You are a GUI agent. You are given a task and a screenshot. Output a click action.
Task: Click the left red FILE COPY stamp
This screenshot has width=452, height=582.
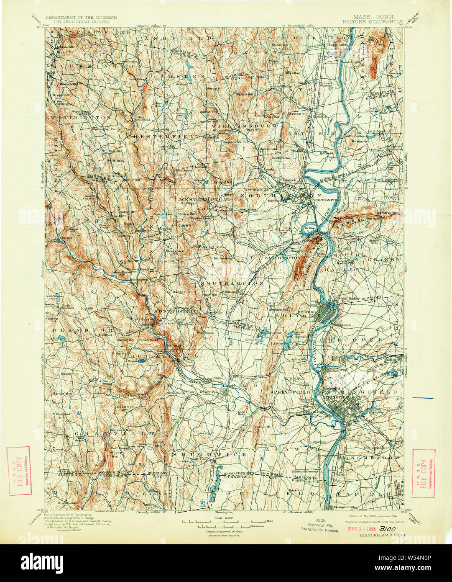pos(18,471)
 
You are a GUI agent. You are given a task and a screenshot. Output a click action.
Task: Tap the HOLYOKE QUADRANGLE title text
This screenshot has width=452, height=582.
pos(377,21)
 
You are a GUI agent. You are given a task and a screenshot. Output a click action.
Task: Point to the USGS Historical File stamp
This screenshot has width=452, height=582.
pos(320,526)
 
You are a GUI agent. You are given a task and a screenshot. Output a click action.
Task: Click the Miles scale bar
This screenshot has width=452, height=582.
pos(226,522)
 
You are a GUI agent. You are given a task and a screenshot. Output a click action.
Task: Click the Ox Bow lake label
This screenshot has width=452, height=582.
pos(309,228)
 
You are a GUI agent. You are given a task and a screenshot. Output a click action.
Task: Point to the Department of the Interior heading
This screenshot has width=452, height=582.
pos(75,18)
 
